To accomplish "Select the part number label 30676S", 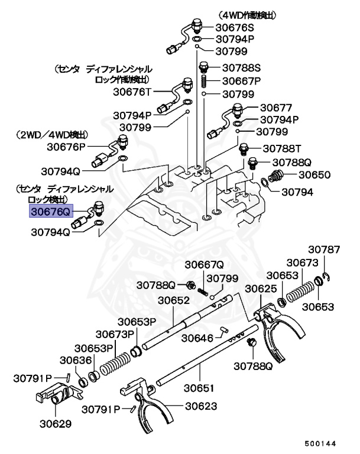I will coord(236,28).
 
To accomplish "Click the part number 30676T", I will coord(133,92).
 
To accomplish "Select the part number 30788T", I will coord(282,148).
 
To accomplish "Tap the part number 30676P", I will coord(67,147).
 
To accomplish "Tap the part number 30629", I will coord(56,423).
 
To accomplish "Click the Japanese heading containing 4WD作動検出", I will coord(248,14).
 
